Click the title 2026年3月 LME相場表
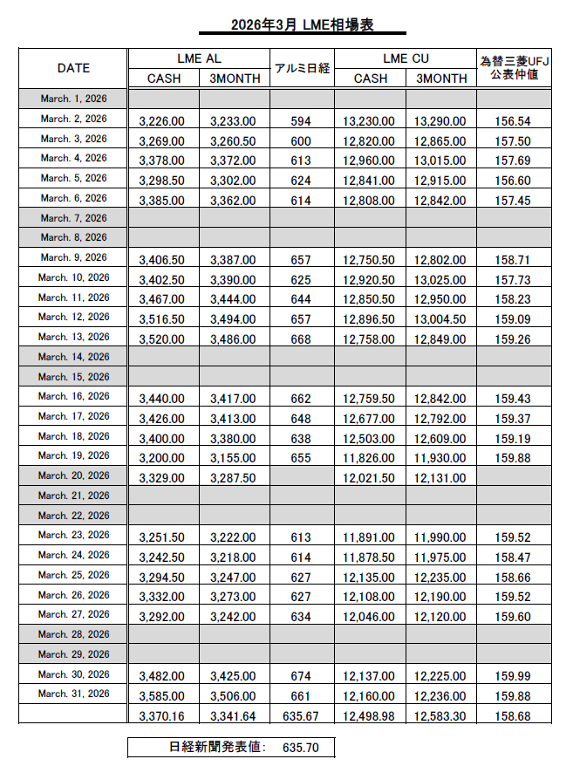coord(302,26)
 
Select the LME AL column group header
coord(199,58)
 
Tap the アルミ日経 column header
coord(302,68)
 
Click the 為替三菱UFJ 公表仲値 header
coord(514,68)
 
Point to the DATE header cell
coord(74,68)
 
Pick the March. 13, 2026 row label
coord(74,337)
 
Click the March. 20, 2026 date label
coord(74,475)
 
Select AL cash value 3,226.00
coord(162,121)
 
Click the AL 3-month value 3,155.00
coord(233,457)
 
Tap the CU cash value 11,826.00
coord(370,457)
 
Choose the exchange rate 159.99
coord(513,676)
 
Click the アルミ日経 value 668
coord(301,339)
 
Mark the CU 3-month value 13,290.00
coord(440,121)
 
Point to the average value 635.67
coord(301,716)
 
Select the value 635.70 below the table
coord(301,748)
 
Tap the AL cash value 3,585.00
coord(162,696)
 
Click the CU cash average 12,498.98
coord(370,716)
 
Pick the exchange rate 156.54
coord(513,121)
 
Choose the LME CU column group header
coord(406,58)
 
